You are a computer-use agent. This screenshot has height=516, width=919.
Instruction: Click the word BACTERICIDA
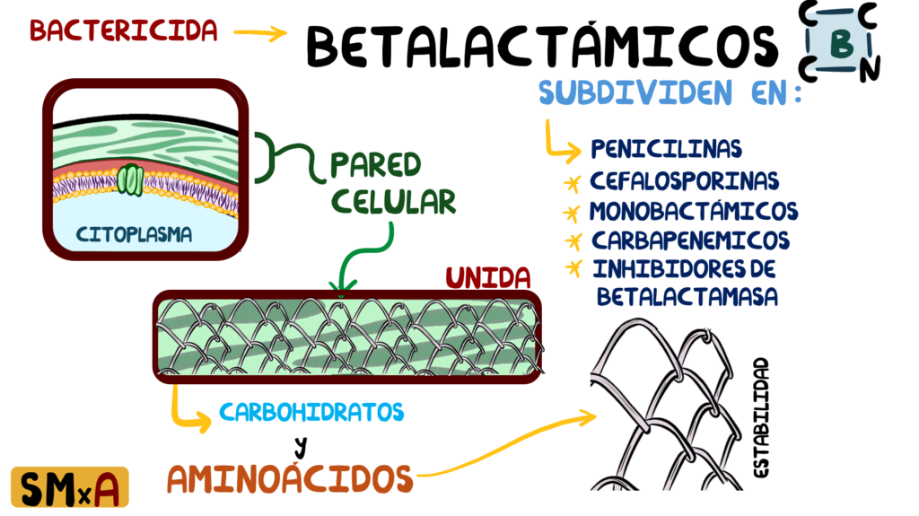tap(124, 31)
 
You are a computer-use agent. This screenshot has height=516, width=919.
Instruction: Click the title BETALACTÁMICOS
tap(542, 45)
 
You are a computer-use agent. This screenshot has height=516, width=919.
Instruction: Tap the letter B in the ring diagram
tap(842, 43)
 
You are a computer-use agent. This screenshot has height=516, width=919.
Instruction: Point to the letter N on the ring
tap(870, 68)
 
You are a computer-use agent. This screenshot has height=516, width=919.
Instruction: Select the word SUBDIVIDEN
tap(635, 92)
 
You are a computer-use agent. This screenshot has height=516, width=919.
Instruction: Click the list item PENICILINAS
tap(667, 149)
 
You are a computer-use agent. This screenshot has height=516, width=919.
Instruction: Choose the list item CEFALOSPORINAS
tap(684, 180)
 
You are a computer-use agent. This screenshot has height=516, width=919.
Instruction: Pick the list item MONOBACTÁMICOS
tap(694, 211)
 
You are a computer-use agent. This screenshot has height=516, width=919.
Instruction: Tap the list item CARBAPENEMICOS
tap(690, 241)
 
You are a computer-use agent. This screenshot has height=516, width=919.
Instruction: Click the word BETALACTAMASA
tap(687, 296)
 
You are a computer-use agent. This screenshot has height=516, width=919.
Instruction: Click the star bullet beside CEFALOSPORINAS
tap(572, 184)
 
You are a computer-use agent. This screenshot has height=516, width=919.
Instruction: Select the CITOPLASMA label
tap(135, 234)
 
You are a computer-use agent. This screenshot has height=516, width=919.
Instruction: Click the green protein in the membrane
tap(130, 180)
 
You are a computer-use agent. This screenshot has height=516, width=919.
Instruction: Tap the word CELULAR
tap(393, 202)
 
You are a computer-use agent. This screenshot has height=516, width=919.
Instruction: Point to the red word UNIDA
tap(487, 278)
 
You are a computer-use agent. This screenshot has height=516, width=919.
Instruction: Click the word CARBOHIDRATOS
tap(311, 412)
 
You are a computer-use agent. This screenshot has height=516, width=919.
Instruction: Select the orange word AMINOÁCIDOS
tap(290, 478)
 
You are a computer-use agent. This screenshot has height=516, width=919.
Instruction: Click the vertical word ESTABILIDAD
tap(760, 418)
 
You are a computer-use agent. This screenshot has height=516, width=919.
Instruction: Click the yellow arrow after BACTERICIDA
tap(260, 33)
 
